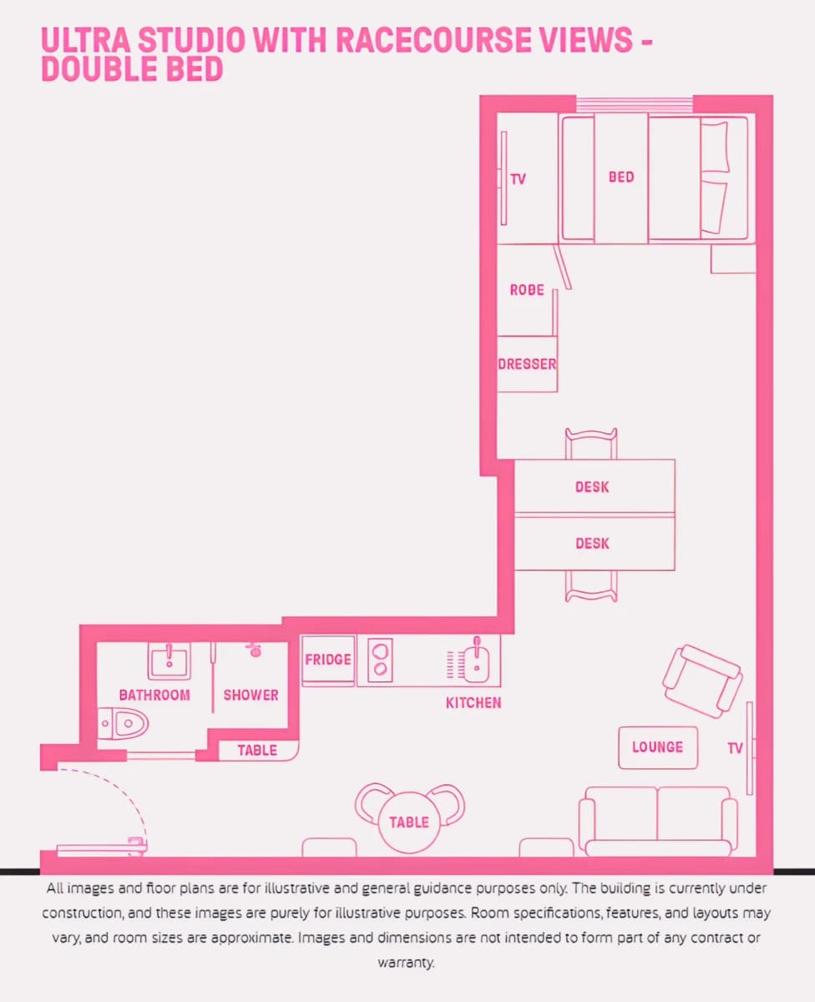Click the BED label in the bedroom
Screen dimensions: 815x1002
point(621,177)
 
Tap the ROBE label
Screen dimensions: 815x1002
point(527,290)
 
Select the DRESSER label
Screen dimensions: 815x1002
point(527,364)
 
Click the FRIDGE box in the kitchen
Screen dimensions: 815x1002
point(328,660)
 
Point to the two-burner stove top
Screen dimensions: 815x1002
point(380,660)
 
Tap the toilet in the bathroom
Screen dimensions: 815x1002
point(123,723)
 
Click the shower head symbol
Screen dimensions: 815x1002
point(255,650)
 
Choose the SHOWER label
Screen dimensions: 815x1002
point(251,695)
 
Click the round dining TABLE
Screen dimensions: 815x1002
point(409,822)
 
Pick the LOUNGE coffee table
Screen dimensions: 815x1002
point(657,748)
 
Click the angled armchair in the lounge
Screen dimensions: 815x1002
point(702,681)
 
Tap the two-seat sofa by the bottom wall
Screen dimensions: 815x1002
point(658,821)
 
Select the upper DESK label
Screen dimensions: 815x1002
point(592,487)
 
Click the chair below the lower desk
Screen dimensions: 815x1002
point(591,586)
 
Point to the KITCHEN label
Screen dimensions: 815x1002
point(473,703)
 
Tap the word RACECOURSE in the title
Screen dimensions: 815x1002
point(484,39)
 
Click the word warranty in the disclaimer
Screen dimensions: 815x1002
point(406,962)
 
